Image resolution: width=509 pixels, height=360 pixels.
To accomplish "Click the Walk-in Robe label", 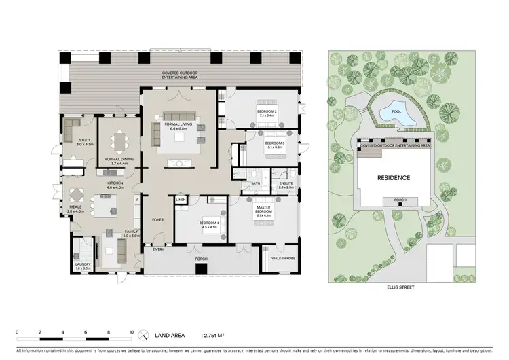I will (x=279, y=258).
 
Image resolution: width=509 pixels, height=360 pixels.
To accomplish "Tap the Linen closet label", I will (x=181, y=200).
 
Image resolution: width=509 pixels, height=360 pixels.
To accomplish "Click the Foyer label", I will (x=157, y=220).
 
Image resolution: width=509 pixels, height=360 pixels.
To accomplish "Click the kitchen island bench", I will (x=105, y=203).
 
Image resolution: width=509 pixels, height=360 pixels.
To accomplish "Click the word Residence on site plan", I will (x=394, y=178).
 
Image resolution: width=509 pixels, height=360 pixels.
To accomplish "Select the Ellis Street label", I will (x=394, y=287).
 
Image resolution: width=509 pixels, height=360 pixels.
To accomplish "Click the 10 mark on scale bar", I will (x=132, y=331).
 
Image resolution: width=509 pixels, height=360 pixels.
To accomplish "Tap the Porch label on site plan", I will (x=394, y=200).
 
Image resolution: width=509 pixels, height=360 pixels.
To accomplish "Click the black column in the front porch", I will (x=200, y=268).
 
